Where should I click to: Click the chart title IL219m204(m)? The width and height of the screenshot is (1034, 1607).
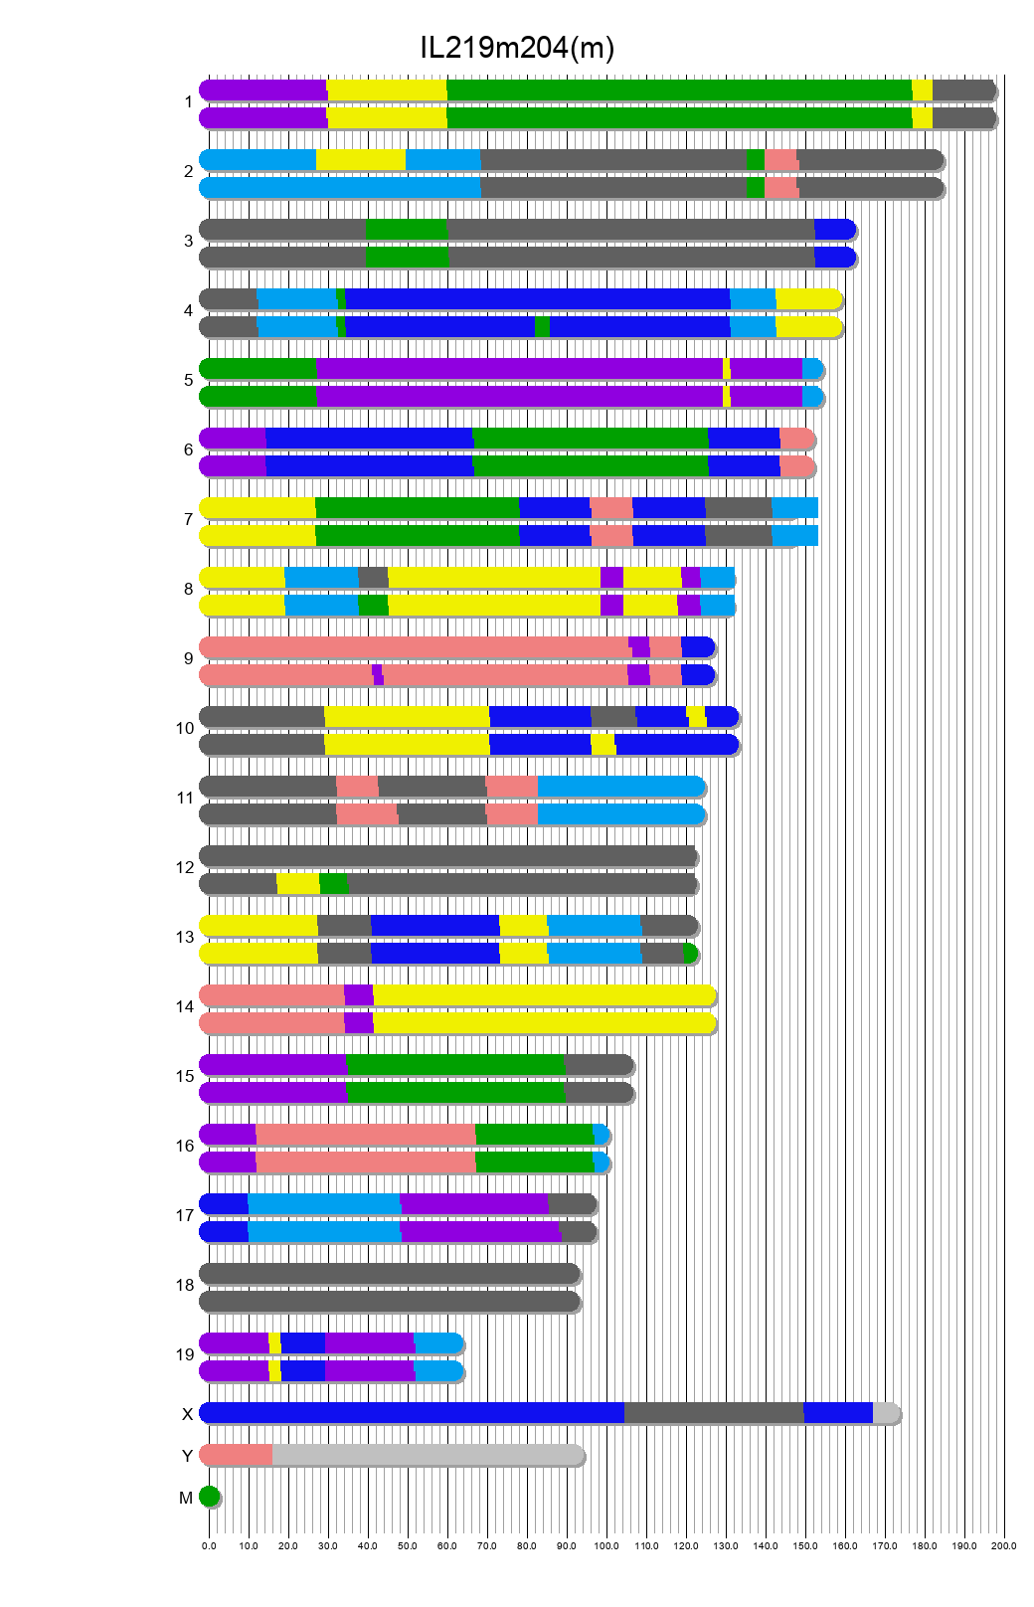tap(517, 47)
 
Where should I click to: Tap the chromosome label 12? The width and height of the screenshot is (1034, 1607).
tap(185, 868)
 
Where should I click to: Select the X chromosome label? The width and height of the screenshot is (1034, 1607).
tap(187, 1415)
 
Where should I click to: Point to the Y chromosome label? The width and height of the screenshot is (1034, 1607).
tap(187, 1457)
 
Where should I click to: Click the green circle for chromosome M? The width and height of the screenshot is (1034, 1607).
tap(209, 1497)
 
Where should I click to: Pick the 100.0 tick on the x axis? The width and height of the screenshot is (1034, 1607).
tap(606, 1546)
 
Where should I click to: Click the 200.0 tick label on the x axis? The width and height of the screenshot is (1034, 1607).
tap(1004, 1546)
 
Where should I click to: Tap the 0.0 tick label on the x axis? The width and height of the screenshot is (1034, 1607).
tap(209, 1546)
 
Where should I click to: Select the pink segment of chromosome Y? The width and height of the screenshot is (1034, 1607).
tap(237, 1455)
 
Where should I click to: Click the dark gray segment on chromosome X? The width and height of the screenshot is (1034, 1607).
tap(714, 1413)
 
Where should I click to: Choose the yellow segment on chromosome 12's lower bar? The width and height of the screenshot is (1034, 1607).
tap(297, 884)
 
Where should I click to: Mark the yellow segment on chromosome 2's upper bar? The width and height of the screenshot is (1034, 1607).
tap(360, 160)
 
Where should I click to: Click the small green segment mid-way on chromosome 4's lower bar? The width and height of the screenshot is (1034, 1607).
tap(542, 327)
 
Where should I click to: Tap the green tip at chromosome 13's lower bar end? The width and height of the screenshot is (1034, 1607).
tap(691, 954)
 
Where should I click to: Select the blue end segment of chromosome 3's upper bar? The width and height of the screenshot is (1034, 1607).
tap(834, 230)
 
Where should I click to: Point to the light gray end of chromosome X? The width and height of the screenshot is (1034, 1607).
tap(886, 1413)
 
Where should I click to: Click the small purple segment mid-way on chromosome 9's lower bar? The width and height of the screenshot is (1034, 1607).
tap(378, 675)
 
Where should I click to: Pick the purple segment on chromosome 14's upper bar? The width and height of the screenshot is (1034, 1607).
tap(358, 995)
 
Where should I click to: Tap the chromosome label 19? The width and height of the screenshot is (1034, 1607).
tap(185, 1355)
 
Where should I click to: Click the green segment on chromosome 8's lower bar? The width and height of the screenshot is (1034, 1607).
tap(373, 606)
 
